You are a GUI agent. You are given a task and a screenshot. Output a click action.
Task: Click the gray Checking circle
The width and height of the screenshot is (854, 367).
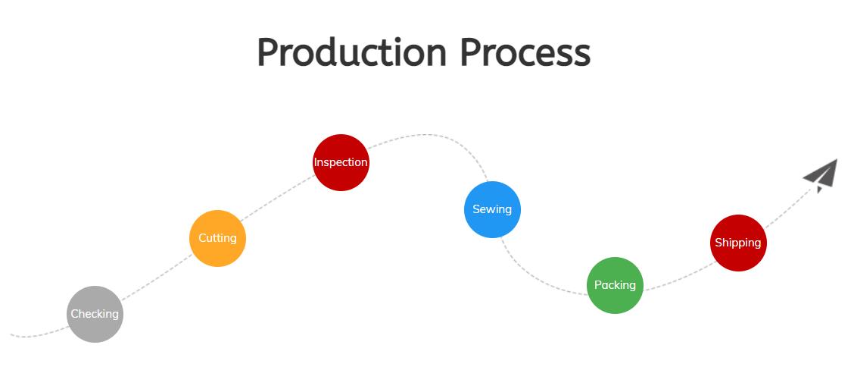click(x=95, y=314)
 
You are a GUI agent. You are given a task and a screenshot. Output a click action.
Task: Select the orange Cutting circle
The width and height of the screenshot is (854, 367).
click(x=217, y=238)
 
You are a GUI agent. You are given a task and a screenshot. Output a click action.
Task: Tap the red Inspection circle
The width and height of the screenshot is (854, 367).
click(x=341, y=162)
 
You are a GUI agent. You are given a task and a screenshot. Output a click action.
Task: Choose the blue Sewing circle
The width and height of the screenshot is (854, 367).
click(x=492, y=209)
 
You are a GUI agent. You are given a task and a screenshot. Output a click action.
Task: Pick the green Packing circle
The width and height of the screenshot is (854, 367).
click(x=615, y=285)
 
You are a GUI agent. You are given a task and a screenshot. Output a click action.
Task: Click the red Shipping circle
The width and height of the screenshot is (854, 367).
click(x=738, y=243)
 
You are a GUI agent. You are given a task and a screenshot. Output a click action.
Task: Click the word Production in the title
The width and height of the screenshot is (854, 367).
click(x=352, y=53)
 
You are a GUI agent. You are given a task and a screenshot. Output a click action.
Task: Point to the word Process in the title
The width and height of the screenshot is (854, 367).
click(x=525, y=53)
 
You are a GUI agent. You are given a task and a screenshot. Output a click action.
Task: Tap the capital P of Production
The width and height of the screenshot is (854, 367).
click(x=268, y=52)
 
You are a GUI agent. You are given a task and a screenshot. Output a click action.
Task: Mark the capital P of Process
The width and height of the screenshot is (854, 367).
click(x=471, y=52)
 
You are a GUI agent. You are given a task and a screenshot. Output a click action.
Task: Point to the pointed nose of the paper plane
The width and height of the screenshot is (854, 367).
click(x=837, y=159)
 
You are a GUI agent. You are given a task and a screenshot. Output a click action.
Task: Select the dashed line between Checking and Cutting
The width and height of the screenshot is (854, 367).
click(x=156, y=278)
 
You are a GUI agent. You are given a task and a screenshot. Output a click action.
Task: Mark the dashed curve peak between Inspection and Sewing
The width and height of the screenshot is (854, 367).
click(x=428, y=135)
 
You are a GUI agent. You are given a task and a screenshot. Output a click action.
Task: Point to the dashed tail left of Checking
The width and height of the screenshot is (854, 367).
click(x=38, y=334)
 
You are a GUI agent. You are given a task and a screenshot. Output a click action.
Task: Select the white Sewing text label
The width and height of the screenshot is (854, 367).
click(x=492, y=209)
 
